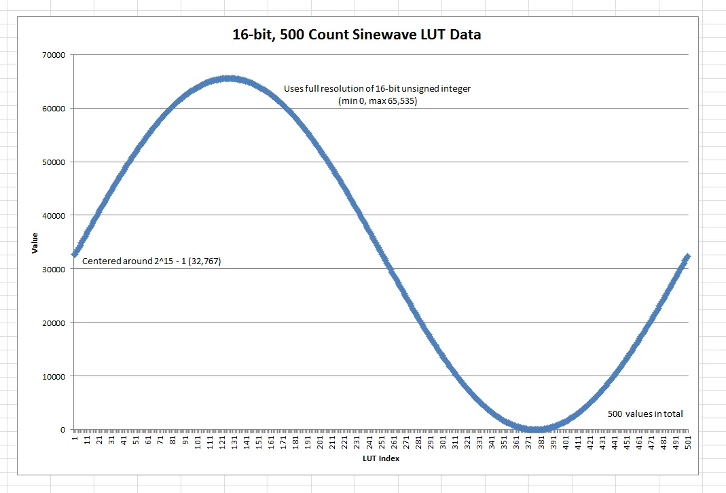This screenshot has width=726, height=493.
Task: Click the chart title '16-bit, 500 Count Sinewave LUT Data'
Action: point(357,35)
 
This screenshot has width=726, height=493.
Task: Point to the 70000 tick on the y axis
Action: point(53,55)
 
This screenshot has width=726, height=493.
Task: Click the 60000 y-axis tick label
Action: point(53,109)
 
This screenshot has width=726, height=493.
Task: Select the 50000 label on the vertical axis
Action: point(53,162)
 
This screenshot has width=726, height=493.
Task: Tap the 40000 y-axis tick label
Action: point(53,215)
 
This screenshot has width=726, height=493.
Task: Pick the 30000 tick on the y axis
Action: point(53,269)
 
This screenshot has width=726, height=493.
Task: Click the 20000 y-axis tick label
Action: point(53,323)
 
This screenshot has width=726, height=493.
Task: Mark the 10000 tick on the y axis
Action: point(53,376)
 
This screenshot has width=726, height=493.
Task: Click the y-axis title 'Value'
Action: point(35,242)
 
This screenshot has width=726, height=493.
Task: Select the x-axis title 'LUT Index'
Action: point(380,458)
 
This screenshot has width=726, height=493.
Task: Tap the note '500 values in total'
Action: point(645,414)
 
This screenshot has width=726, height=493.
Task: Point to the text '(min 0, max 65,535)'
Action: point(377,101)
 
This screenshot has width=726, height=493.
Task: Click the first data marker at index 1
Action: point(75,254)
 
